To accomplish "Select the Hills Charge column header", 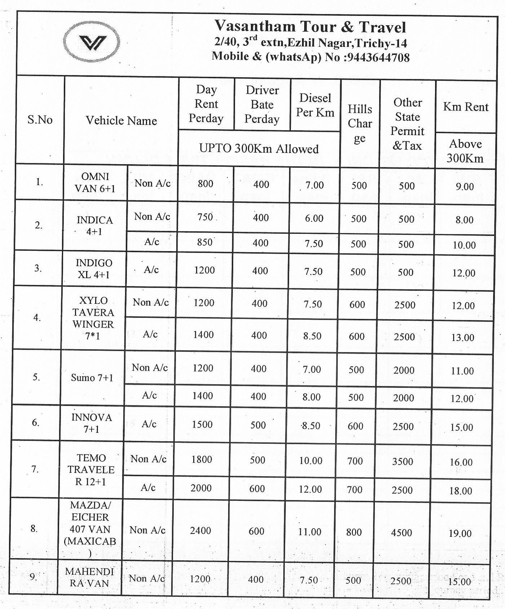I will pyautogui.click(x=360, y=123).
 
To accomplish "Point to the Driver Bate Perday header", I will pyautogui.click(x=262, y=105).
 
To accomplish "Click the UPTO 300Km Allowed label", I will pyautogui.click(x=259, y=149).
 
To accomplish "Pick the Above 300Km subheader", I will pyautogui.click(x=465, y=151).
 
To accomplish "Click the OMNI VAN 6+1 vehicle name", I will pyautogui.click(x=95, y=182).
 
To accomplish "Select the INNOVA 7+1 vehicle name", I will pyautogui.click(x=92, y=423).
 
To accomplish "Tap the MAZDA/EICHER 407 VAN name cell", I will pyautogui.click(x=90, y=529).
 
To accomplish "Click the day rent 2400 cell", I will pyautogui.click(x=200, y=530).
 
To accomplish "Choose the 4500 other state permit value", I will pyautogui.click(x=402, y=532).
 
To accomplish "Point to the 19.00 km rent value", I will pyautogui.click(x=460, y=533).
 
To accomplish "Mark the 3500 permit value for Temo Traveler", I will pyautogui.click(x=403, y=461).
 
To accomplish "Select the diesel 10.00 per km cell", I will pyautogui.click(x=310, y=460).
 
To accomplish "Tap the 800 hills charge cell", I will pyautogui.click(x=354, y=532).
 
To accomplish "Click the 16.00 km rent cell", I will pyautogui.click(x=461, y=462).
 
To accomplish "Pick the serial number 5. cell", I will pyautogui.click(x=36, y=377).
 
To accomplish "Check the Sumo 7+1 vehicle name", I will pyautogui.click(x=92, y=378).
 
